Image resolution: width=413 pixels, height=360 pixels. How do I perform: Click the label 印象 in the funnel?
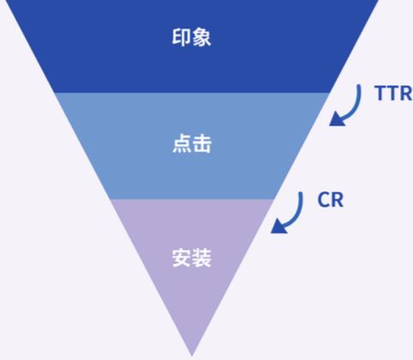pos(191,37)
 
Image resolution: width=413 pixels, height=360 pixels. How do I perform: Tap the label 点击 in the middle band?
pos(192,143)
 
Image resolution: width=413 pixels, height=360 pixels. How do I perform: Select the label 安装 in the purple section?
pos(192,258)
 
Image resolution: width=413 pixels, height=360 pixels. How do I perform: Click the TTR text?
pos(393,93)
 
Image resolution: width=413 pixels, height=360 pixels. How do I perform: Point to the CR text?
pos(331,200)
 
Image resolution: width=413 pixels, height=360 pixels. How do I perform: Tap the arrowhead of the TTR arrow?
pos(337,119)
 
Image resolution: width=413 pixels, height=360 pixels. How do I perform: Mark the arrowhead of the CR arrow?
pos(278,226)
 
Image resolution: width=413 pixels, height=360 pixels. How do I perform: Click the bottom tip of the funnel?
pos(192,356)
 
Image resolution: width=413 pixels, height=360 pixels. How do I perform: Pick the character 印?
pos(181,37)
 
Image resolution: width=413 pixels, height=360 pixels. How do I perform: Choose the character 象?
pos(201,37)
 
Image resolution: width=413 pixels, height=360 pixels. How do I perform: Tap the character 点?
pos(182,143)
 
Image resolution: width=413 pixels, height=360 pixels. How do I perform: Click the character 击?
pos(202,143)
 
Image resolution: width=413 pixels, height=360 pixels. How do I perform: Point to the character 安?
pos(182,258)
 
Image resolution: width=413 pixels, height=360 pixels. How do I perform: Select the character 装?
pos(202,258)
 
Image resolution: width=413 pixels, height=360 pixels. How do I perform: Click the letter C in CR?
pos(324,200)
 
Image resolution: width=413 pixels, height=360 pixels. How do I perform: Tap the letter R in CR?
pos(338,200)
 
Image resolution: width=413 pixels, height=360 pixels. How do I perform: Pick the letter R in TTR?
pos(406,93)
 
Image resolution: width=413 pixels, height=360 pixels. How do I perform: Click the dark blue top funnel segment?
pos(192,46)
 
